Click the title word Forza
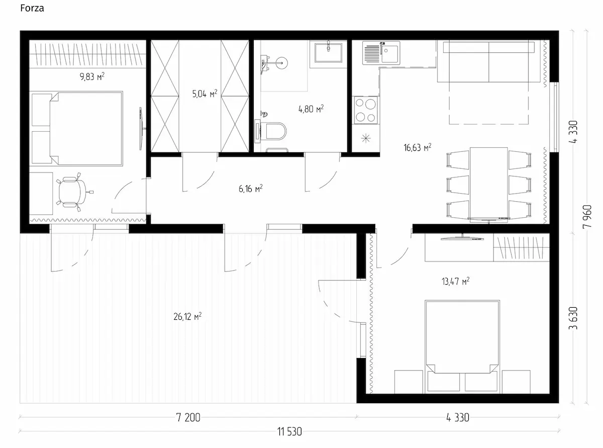pos(32,8)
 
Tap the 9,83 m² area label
pos(92,76)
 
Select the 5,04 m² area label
pos(205,94)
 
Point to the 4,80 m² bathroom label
pos(311,109)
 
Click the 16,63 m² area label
pos(417,147)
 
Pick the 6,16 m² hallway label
pos(251,188)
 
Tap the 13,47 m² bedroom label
pos(456,281)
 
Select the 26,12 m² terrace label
pos(187,316)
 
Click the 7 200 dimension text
pos(188,417)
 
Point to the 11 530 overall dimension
pos(289,431)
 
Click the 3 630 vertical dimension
pos(573,318)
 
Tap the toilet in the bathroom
pos(270,131)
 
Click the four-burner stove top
pos(366,110)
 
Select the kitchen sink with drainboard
pos(381,53)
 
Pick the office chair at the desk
pos(73,192)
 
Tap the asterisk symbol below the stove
pos(366,138)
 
